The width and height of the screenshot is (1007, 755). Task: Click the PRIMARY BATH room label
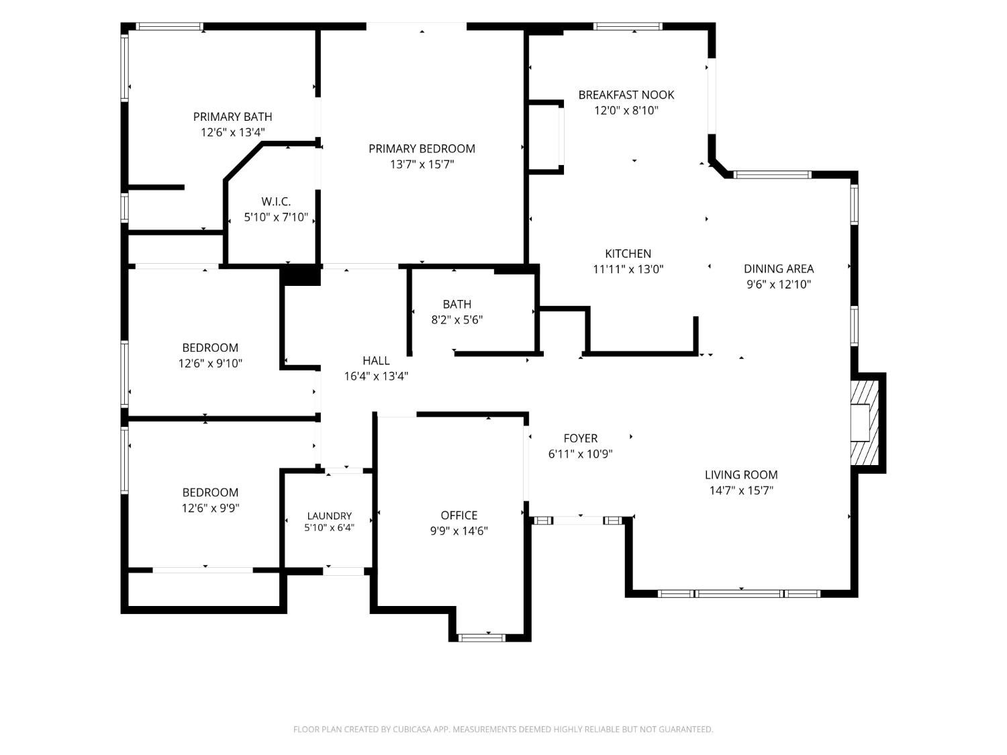click(x=232, y=117)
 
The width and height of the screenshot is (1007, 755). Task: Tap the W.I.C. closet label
click(x=276, y=201)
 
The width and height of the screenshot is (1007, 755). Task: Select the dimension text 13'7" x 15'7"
click(x=422, y=164)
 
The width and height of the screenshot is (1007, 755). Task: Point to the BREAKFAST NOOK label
click(x=626, y=95)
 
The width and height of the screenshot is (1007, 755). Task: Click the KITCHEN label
click(x=628, y=254)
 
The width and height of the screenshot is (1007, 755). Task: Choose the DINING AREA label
click(x=778, y=268)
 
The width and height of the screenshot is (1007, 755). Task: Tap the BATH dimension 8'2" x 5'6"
click(x=457, y=319)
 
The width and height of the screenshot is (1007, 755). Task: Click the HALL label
click(x=376, y=361)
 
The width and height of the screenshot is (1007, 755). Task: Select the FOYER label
click(x=580, y=438)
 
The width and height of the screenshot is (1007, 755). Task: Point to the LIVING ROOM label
click(x=741, y=475)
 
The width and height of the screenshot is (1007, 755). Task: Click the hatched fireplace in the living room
click(x=864, y=422)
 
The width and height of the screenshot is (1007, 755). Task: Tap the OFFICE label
click(x=459, y=515)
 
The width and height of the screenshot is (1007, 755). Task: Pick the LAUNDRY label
click(x=330, y=516)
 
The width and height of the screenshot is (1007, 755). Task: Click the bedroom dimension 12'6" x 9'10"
click(x=210, y=364)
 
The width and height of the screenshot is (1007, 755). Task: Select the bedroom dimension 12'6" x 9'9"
click(x=210, y=508)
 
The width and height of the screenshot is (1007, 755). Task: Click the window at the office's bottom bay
click(x=481, y=638)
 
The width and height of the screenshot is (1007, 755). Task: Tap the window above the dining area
click(x=772, y=174)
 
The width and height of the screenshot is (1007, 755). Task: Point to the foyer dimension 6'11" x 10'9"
click(x=580, y=454)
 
